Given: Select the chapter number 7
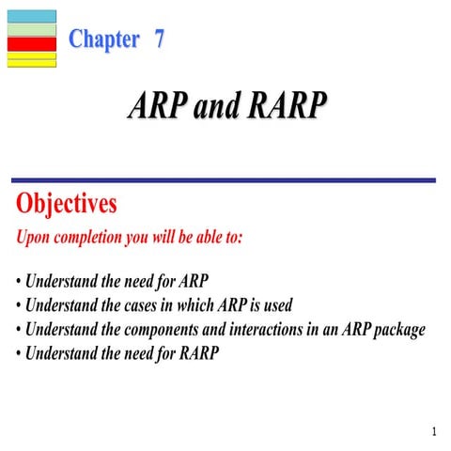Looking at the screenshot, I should tap(159, 39).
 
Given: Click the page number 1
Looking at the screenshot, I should tap(434, 432).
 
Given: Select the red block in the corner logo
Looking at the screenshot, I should tap(32, 43).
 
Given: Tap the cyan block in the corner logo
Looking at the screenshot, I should tap(32, 16).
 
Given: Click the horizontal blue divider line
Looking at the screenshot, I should tap(223, 179).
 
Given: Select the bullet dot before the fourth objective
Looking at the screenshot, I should tap(19, 355).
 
